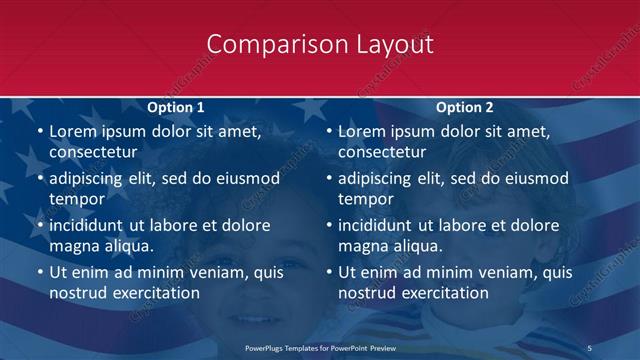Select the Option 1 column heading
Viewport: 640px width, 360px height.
(176, 107)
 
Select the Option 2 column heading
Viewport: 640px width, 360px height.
(465, 107)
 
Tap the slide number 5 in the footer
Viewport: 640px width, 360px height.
(591, 347)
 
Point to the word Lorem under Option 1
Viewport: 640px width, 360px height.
(74, 131)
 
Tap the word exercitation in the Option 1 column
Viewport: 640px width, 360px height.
(150, 293)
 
